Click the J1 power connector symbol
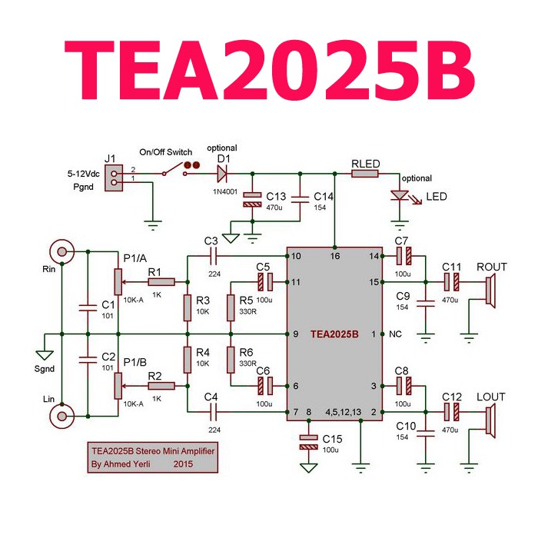114,178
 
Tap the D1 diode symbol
222,174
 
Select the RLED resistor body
365,174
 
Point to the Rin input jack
61,252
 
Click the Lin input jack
61,417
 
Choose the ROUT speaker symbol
490,291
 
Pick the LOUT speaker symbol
490,421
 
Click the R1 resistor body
161,282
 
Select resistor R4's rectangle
188,360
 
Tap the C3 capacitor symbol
213,256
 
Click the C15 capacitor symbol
308,442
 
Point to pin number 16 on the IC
335,256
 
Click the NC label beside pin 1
395,334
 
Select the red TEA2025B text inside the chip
334,334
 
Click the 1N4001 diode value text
225,191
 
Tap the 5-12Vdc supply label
83,174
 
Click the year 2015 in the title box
183,464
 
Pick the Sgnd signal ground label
45,369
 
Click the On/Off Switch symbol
175,170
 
